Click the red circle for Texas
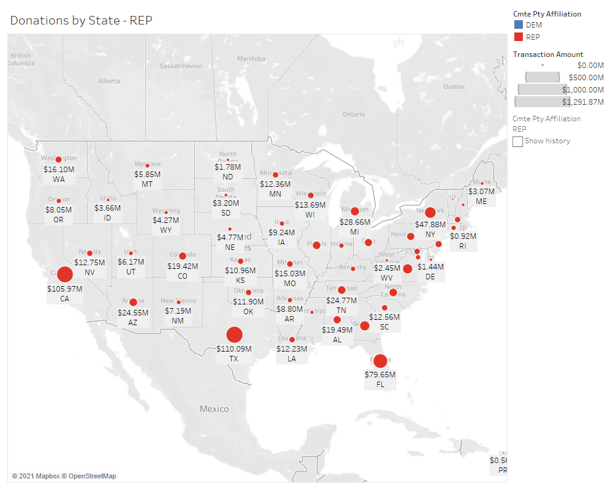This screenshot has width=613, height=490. [x=234, y=334]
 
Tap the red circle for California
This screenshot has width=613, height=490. [x=64, y=275]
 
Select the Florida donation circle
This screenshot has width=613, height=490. [x=380, y=361]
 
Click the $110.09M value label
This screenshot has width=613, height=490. [x=234, y=349]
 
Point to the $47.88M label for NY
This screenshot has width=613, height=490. [x=430, y=224]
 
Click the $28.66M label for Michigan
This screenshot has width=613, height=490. [x=354, y=222]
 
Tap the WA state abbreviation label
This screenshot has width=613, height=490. [x=59, y=179]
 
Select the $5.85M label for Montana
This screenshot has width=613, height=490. [x=147, y=174]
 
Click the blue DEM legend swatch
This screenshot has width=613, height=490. [x=518, y=25]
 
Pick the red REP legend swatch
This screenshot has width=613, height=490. [x=518, y=37]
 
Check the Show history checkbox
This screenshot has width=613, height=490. [x=518, y=141]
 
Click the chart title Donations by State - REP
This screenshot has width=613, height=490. [x=82, y=20]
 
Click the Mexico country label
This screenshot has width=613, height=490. [x=214, y=409]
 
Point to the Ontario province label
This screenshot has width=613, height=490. [x=354, y=115]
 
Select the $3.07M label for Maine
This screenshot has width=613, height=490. [x=481, y=191]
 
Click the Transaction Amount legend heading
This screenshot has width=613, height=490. [x=548, y=55]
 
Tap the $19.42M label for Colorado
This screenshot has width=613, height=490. [x=183, y=266]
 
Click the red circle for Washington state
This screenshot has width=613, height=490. [x=59, y=160]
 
